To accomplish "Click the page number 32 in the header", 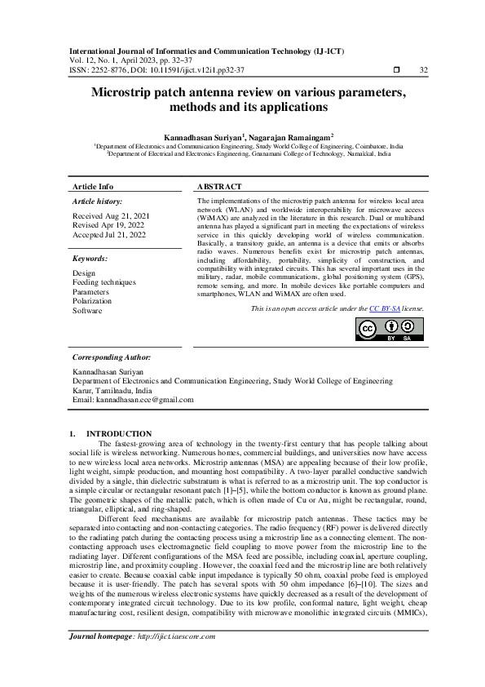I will pyautogui.click(x=423, y=71).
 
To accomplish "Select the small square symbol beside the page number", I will pyautogui.click(x=396, y=71).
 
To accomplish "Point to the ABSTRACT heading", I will pyautogui.click(x=221, y=187).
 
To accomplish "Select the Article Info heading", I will pyautogui.click(x=93, y=187).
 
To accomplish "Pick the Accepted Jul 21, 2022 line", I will pyautogui.click(x=109, y=235).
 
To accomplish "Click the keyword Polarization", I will pyautogui.click(x=92, y=301).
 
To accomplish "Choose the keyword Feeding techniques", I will pyautogui.click(x=104, y=282).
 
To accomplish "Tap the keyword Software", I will pyautogui.click(x=87, y=311).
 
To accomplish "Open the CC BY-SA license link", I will pyautogui.click(x=384, y=309).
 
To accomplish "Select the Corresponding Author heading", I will pyautogui.click(x=111, y=357).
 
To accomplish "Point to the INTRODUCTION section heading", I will pyautogui.click(x=119, y=433).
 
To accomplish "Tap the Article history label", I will pyautogui.click(x=97, y=201).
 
